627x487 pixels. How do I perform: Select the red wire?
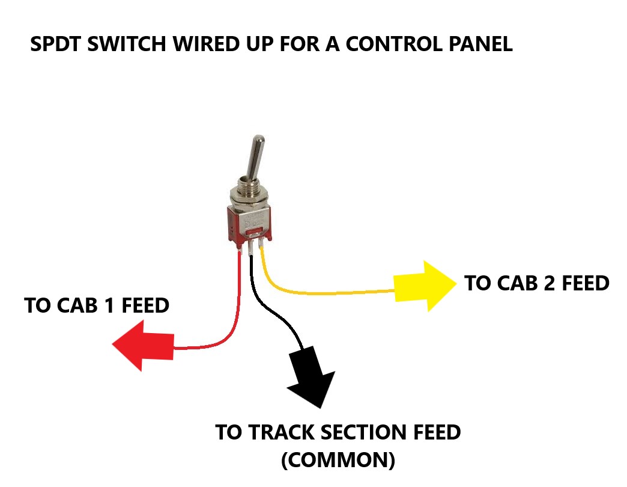[237, 307]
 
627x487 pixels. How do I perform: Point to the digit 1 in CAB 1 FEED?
[108, 305]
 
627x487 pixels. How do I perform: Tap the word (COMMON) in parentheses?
[338, 460]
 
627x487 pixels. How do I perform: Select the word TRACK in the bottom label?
[280, 432]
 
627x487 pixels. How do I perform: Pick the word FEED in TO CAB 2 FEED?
[586, 283]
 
